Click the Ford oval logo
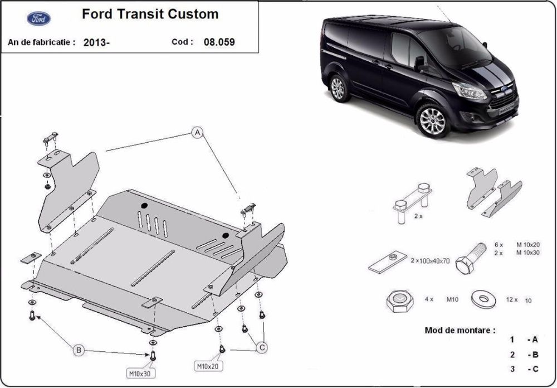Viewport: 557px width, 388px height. [38, 18]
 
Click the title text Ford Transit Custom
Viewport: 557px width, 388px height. [150, 14]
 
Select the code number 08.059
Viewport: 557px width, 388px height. [219, 42]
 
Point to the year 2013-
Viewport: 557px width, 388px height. [96, 42]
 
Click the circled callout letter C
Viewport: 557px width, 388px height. [260, 348]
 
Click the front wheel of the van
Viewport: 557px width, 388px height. [432, 120]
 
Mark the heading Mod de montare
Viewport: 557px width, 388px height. [460, 329]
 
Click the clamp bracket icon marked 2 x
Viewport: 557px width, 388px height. [413, 201]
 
